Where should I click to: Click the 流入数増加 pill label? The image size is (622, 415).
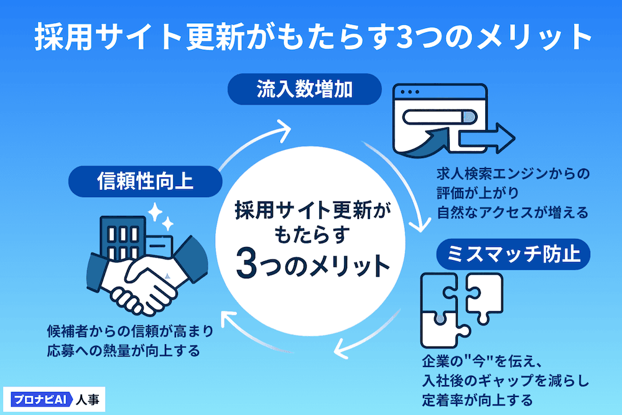[x=305, y=90]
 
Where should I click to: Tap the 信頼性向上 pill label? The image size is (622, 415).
[x=145, y=181]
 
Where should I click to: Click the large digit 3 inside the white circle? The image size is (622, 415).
[x=246, y=266]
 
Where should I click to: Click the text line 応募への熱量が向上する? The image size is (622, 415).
[x=123, y=351]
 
